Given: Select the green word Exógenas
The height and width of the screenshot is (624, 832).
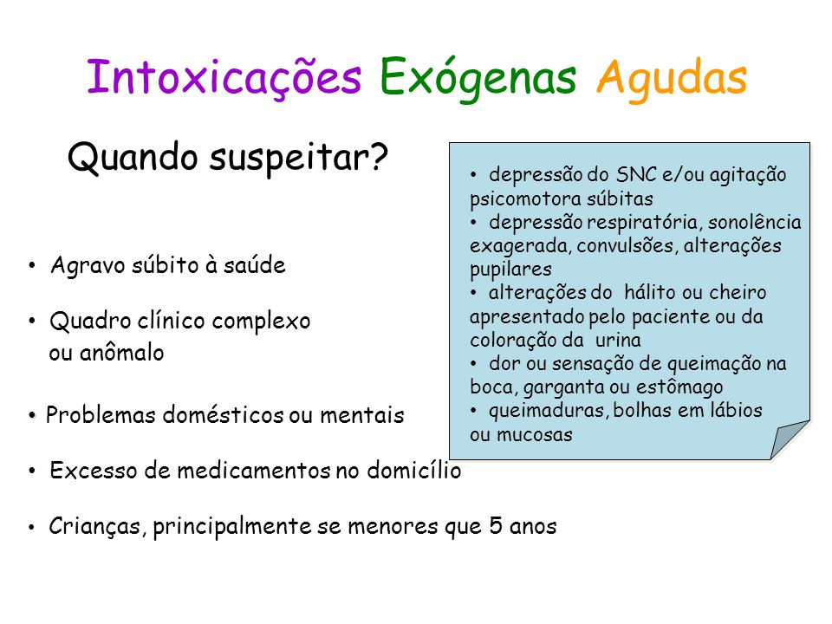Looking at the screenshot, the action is [x=478, y=79].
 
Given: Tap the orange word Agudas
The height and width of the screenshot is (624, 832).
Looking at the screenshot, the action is [x=672, y=79].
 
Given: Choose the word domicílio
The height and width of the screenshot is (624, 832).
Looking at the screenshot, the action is [x=414, y=470].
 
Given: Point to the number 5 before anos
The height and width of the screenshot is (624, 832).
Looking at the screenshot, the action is [x=496, y=526].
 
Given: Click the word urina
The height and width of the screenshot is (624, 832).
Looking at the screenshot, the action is [x=618, y=340].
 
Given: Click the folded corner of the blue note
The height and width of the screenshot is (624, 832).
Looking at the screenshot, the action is [x=788, y=439].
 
